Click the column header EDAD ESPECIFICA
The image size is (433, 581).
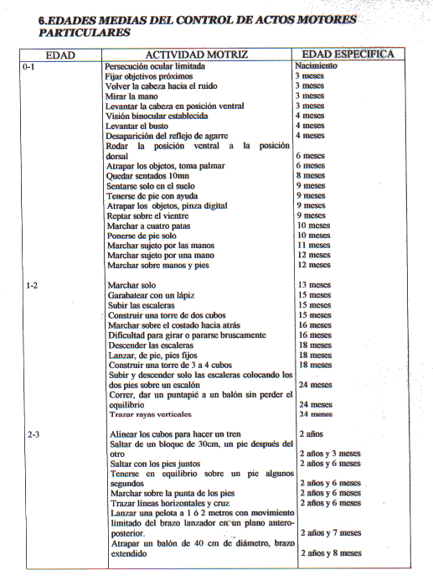coord(348,54)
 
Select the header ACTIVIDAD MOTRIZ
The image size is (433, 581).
coord(197,54)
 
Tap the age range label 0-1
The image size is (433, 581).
coord(28,67)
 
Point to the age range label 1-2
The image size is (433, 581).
coord(32,286)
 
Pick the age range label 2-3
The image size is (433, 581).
coord(34,434)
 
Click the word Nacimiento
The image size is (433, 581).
coord(316,65)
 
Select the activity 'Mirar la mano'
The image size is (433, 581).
coord(131,96)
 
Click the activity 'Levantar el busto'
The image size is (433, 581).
coord(137,126)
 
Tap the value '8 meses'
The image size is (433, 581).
coord(311,175)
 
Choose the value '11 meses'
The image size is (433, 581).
coord(314,245)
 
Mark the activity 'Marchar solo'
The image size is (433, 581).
coord(131,285)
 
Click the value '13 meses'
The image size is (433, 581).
coord(315,284)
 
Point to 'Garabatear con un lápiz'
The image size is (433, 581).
coord(152,295)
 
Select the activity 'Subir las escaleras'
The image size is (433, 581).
coord(142,305)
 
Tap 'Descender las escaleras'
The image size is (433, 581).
coord(151,345)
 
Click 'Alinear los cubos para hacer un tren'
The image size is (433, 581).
coord(175,434)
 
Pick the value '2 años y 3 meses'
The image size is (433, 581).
coord(330,454)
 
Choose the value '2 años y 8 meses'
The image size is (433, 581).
coord(331,552)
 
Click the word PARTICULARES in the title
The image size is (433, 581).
coord(85,33)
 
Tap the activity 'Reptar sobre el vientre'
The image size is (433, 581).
coord(147,215)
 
